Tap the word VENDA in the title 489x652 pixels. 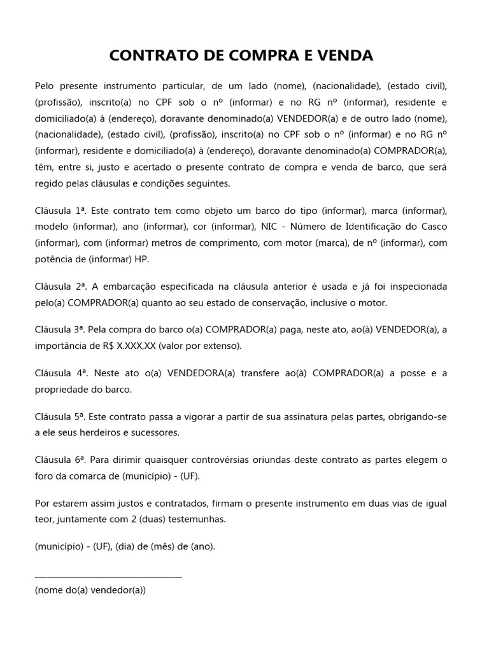(348, 55)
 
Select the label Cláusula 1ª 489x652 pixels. (60, 210)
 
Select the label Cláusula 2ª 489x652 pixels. (60, 286)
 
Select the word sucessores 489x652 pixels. (159, 432)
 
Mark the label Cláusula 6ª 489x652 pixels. (60, 459)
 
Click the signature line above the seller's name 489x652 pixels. (108, 576)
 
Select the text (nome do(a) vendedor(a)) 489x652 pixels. (90, 590)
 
